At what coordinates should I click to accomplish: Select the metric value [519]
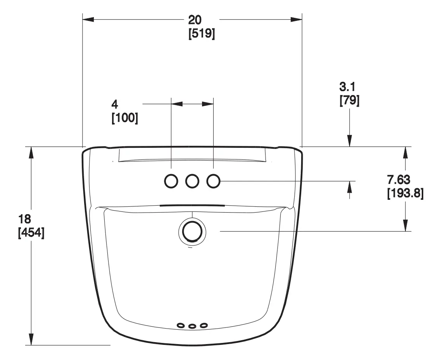click(202, 34)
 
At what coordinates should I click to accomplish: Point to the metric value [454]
click(31, 233)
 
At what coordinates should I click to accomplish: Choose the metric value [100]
click(124, 118)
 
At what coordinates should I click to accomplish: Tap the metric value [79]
click(349, 101)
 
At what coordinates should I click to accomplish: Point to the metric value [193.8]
click(405, 193)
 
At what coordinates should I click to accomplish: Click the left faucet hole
click(171, 181)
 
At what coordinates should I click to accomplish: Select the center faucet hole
click(192, 181)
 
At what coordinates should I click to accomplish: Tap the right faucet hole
click(213, 181)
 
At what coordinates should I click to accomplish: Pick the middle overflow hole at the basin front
click(192, 326)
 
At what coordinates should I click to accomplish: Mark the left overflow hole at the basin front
click(181, 325)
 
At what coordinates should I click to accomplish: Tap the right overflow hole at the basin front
click(203, 325)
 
